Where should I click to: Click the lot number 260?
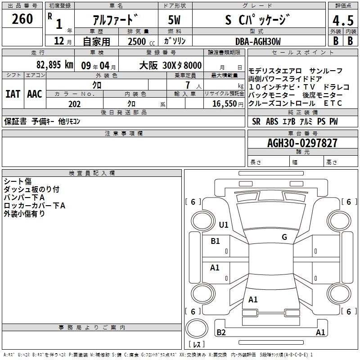pos(22,19)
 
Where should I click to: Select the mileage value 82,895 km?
pos(54,64)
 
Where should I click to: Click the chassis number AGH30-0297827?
pos(302,143)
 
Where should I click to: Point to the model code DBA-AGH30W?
pos(258,41)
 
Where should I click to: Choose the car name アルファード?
pos(115,20)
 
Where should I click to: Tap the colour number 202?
pos(74,104)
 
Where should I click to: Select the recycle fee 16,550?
pos(226,104)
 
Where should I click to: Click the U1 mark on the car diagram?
pos(224,225)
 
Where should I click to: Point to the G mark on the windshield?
pos(284,237)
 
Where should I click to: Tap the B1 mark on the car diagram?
pos(216,241)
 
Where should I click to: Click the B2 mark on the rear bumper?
pos(221,333)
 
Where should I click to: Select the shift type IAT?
pos(13,94)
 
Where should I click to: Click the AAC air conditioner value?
pos(35,94)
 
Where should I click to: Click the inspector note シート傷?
pos(18,181)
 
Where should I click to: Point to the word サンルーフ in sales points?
pos(326,71)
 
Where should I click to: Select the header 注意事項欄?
pos(124,134)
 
